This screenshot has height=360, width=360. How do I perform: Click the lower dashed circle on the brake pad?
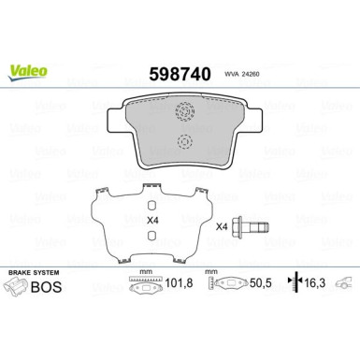click(x=183, y=143)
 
